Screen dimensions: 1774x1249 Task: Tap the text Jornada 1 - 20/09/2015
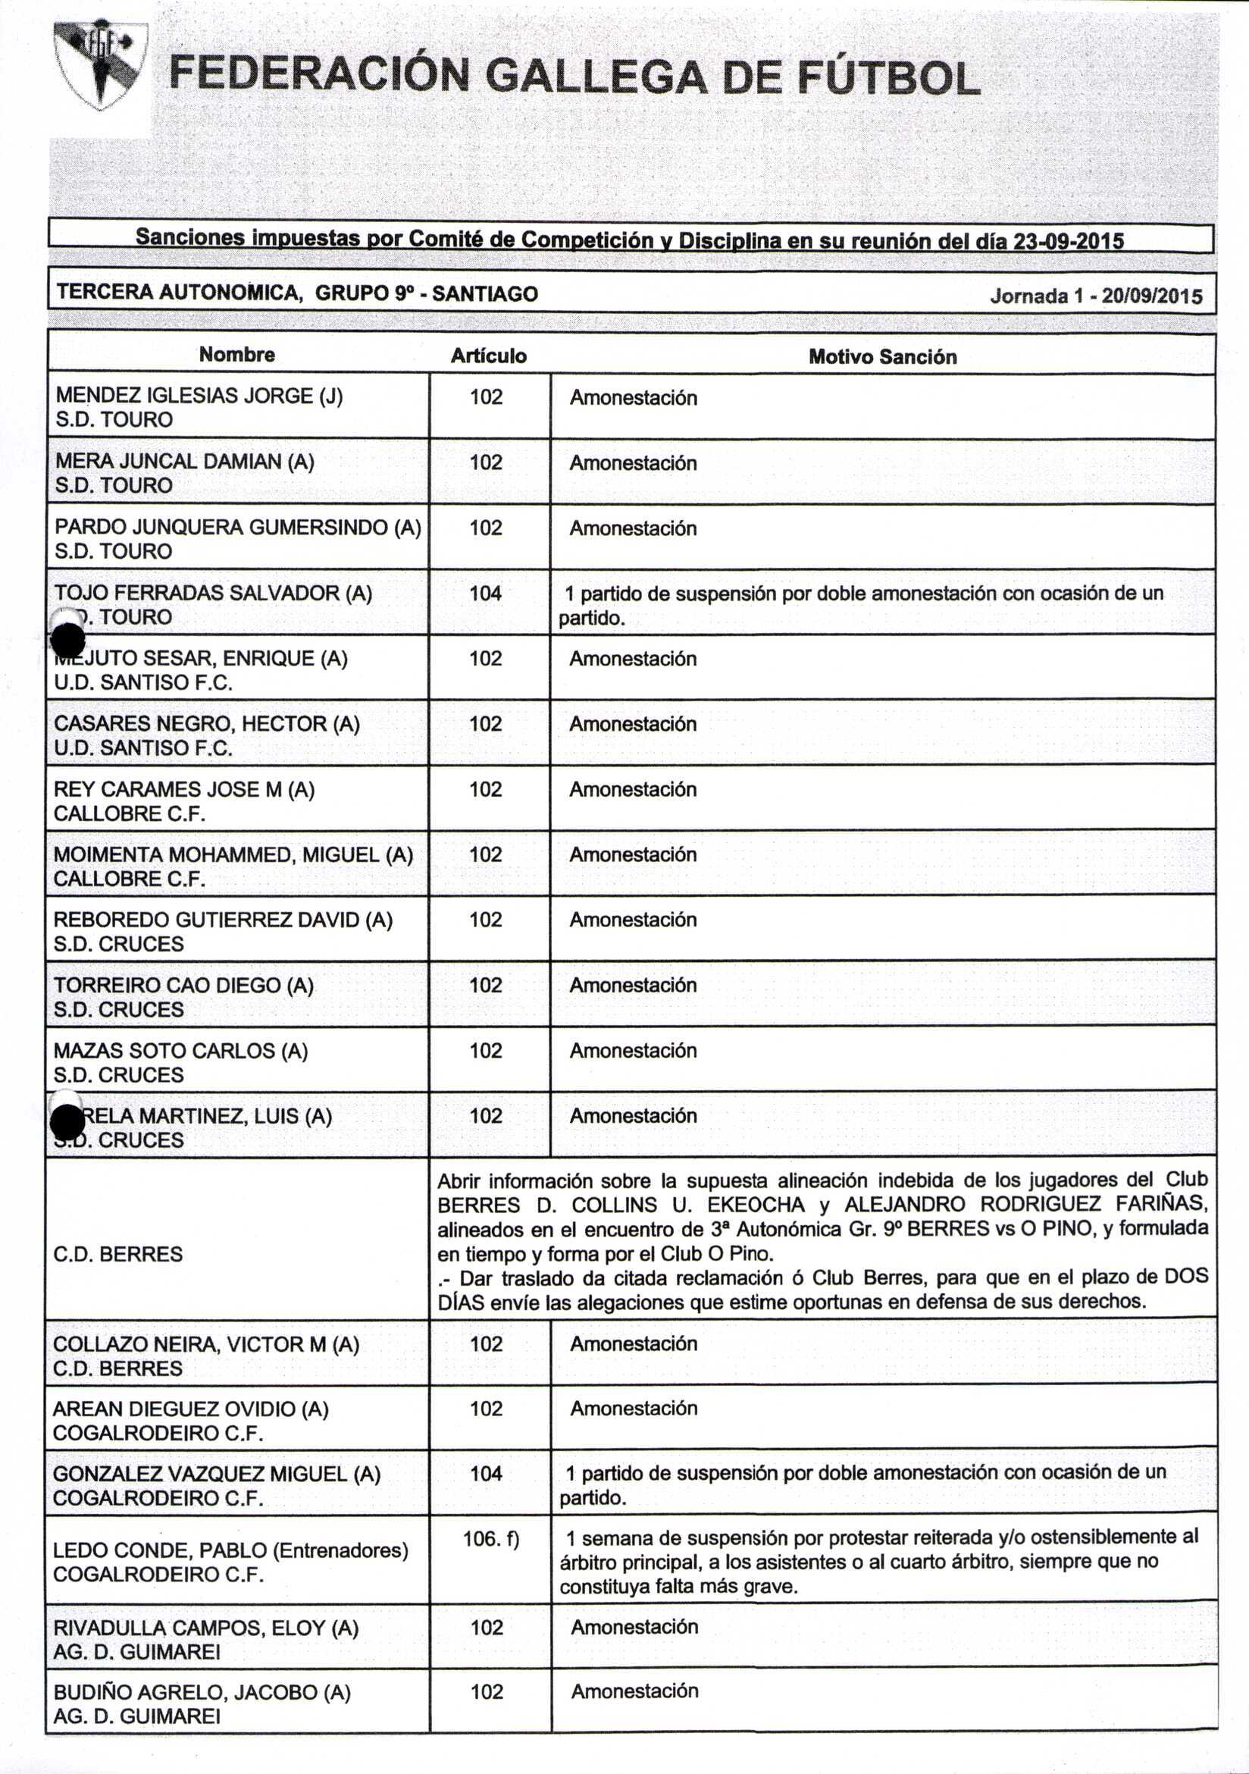coord(1096,296)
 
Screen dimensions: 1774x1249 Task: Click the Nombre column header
coord(236,355)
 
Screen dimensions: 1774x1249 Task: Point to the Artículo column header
coord(488,356)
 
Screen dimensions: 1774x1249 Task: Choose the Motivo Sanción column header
coord(882,357)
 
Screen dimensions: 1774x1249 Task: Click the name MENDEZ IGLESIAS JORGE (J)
coord(199,396)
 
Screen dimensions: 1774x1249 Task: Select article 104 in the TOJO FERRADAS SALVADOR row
coord(486,594)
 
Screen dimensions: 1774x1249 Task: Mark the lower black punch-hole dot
coord(67,1122)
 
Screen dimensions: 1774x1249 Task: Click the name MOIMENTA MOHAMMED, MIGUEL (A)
coord(233,854)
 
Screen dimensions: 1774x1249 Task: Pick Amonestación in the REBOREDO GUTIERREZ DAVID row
coord(634,920)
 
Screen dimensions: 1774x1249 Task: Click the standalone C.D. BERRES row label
coord(118,1253)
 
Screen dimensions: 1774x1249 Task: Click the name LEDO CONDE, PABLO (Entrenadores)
coord(230,1550)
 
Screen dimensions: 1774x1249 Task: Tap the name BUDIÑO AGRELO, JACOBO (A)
coord(202,1692)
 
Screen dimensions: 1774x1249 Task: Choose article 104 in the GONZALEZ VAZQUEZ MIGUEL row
coord(487,1474)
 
